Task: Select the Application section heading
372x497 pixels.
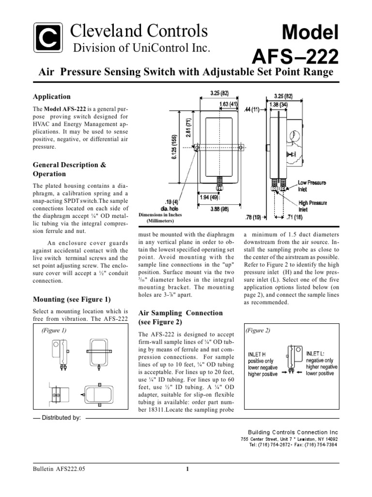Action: pos(51,97)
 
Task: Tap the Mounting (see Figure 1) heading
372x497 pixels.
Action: pos(72,298)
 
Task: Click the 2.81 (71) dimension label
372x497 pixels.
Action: pos(189,128)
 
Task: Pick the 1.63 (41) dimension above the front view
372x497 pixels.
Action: pos(227,103)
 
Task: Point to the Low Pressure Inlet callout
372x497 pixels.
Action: pos(311,185)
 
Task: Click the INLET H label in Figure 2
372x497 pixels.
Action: pos(257,354)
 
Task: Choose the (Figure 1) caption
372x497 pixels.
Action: pos(54,330)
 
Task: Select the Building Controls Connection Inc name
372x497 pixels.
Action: pos(293,432)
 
